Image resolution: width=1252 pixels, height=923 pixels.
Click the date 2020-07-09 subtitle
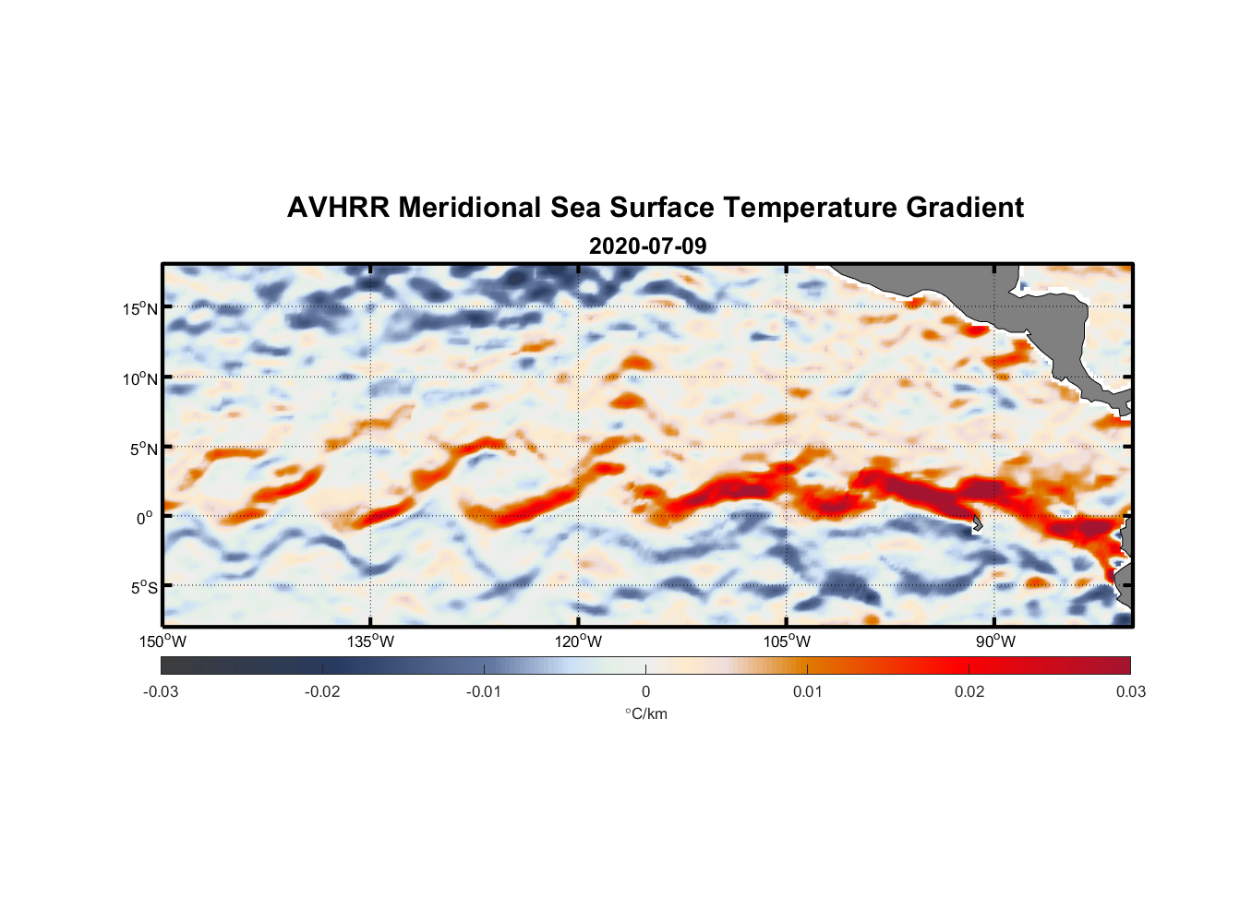tap(647, 246)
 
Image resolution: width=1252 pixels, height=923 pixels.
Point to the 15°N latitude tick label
tap(139, 308)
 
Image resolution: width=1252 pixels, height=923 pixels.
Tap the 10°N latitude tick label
tap(139, 378)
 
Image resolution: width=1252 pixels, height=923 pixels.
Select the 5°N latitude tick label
tap(143, 449)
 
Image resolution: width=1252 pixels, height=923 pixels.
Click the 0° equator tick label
tap(145, 518)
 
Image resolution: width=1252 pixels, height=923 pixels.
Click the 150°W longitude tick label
tap(163, 641)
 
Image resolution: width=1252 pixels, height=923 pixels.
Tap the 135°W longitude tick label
tap(371, 641)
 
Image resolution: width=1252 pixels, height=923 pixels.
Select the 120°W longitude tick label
tap(579, 641)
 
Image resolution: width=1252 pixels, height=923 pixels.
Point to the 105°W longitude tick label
tap(787, 641)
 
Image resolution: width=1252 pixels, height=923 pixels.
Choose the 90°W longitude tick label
tap(995, 641)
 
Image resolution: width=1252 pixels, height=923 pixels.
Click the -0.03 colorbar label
tap(161, 692)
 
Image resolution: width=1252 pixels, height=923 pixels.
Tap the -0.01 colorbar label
tap(484, 692)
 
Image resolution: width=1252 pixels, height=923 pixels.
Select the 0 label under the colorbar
tap(645, 692)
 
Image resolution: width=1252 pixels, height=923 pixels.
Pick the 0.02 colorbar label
tap(969, 692)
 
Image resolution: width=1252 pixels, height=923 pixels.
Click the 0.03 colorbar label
tap(1130, 692)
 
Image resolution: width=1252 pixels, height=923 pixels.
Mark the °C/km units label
tap(645, 713)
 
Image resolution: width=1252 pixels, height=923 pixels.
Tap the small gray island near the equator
tap(977, 523)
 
